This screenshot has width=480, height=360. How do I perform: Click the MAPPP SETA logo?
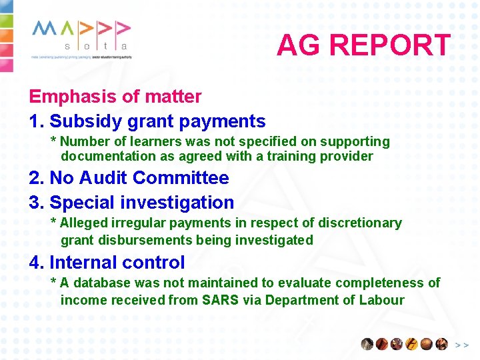(x=81, y=39)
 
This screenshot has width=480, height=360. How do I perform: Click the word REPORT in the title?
(x=390, y=45)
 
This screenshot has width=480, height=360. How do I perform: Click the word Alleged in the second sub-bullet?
(x=83, y=223)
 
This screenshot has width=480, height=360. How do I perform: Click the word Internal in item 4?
(x=83, y=263)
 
